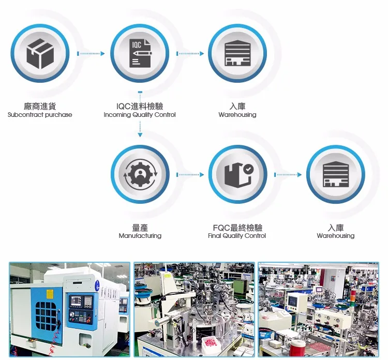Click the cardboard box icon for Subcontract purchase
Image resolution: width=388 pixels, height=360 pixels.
[x=40, y=53]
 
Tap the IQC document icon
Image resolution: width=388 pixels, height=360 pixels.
[x=140, y=53]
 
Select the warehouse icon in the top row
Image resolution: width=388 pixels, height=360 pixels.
[x=237, y=53]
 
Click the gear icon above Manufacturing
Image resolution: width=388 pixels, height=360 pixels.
[x=140, y=175]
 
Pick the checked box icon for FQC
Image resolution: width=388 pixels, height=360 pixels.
[x=238, y=175]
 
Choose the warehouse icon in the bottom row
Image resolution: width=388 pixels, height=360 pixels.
[x=336, y=175]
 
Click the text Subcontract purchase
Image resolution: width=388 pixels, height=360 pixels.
[x=40, y=115]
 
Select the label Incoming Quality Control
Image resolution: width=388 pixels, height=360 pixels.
[x=140, y=115]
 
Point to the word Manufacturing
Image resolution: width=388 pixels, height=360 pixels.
[x=140, y=236]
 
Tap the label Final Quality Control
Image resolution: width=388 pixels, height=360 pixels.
[x=237, y=236]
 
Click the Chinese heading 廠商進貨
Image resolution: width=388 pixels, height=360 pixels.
[x=40, y=106]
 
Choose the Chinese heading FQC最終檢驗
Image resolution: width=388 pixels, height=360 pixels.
[x=237, y=228]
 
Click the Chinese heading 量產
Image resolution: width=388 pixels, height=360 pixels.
[x=140, y=228]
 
